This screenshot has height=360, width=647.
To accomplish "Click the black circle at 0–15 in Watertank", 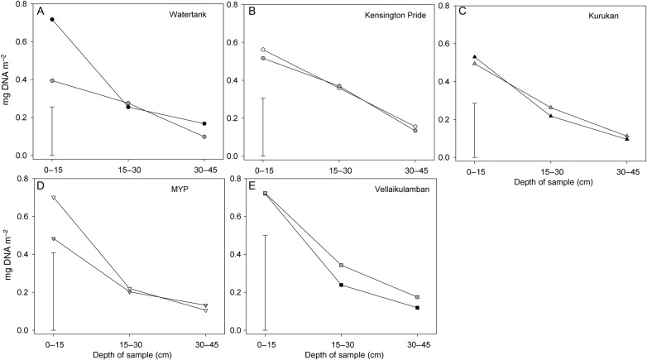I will [x=52, y=19].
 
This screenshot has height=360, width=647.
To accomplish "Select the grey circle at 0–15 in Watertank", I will [x=52, y=81].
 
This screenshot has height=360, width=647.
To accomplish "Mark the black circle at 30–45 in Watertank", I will [x=204, y=124].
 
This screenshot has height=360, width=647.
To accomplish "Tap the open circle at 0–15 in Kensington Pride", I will [x=265, y=50].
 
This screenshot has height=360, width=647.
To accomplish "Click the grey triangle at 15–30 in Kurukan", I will [x=550, y=108].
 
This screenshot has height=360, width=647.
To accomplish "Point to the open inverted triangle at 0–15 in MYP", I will [x=53, y=198].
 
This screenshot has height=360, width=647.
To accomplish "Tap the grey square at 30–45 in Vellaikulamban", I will [x=417, y=297].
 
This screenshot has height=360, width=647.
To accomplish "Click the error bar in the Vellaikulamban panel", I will [x=265, y=282].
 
